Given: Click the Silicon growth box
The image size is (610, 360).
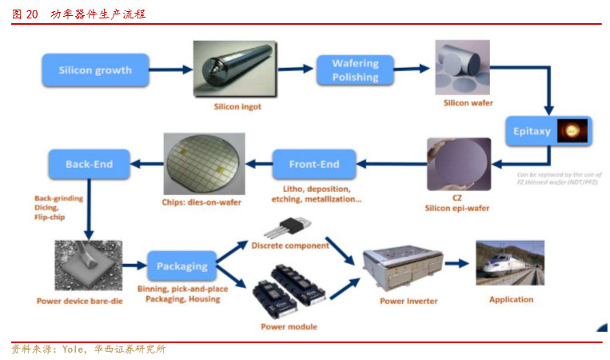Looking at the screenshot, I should tap(95, 70).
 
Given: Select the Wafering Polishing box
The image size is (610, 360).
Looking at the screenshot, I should tap(355, 70).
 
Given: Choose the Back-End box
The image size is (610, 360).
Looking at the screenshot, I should tap(89, 165).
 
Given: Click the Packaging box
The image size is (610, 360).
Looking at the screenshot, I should tap(181, 266).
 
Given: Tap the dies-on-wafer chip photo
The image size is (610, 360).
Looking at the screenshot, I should tap(204, 163).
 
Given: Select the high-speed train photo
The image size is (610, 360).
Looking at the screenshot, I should tap(510, 263).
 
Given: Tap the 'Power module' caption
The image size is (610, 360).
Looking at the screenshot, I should tap(289, 326).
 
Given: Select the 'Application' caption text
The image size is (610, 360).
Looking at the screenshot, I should tap(511, 299).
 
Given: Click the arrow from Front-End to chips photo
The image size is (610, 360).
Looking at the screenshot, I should tap(257, 165).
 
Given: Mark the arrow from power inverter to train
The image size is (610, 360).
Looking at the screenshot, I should tap(458, 262).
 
